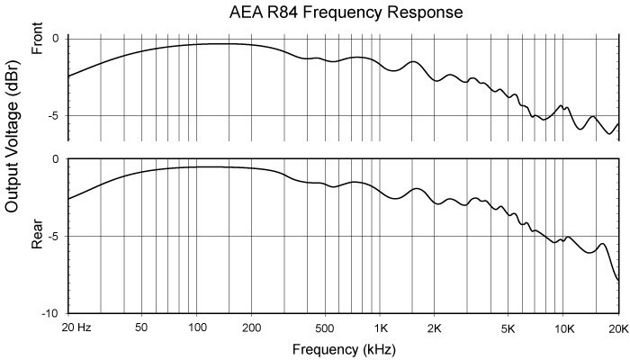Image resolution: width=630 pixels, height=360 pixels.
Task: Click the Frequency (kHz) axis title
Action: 344,347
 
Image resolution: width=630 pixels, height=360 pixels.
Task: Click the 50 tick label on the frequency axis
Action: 140,328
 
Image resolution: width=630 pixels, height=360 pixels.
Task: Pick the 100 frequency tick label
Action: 196,328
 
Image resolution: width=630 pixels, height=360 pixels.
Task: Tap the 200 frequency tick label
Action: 251,328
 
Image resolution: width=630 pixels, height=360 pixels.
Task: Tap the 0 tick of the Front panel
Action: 56,39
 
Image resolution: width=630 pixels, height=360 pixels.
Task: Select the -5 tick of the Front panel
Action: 53,116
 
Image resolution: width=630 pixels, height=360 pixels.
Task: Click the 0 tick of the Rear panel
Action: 56,159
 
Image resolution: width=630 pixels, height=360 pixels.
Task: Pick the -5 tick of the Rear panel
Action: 53,237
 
